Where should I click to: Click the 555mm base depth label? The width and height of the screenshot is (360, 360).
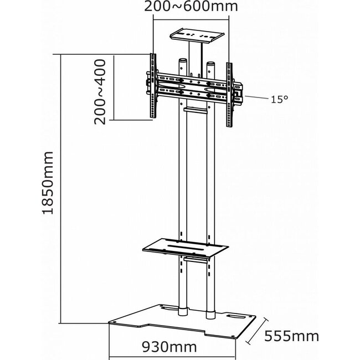[x=297, y=336]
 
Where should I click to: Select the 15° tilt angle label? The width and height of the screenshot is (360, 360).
[x=280, y=100]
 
